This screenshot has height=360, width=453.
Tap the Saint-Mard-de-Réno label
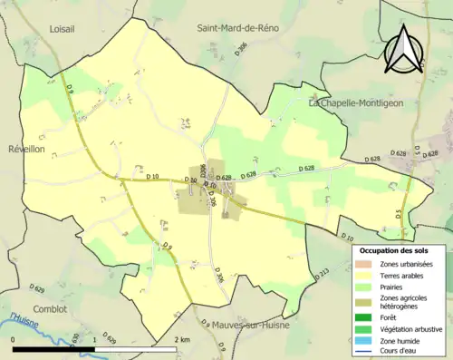click(x=238, y=28)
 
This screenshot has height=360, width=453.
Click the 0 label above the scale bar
click(x=14, y=339)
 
